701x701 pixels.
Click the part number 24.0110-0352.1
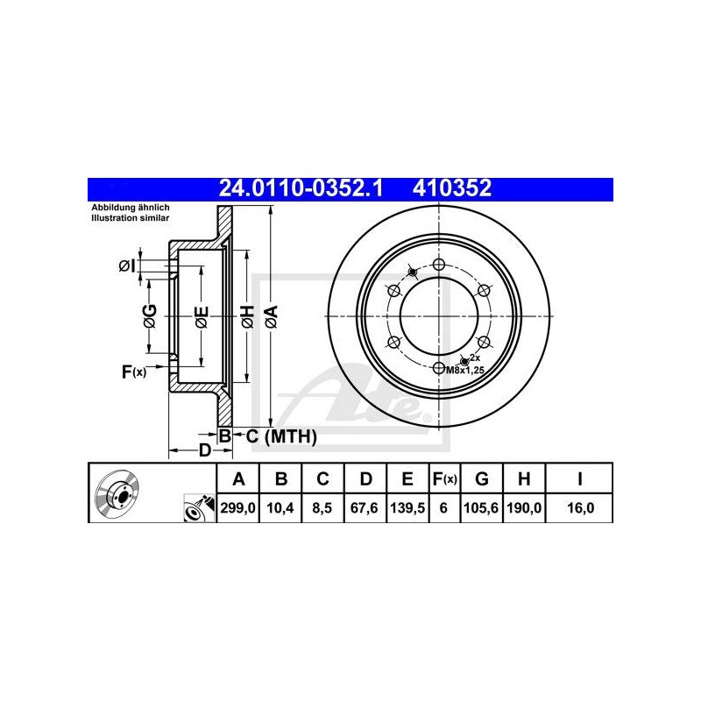[x=301, y=188]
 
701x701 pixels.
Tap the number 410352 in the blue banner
[x=451, y=188]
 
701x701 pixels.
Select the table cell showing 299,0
[x=237, y=508]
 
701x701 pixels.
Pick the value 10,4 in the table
[x=280, y=508]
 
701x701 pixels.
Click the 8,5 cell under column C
[x=322, y=508]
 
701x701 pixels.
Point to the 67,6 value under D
[x=365, y=508]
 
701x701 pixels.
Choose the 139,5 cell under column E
[x=407, y=508]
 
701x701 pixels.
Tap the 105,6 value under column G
[x=481, y=508]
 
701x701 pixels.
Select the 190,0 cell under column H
[x=523, y=508]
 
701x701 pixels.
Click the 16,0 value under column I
[x=580, y=508]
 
